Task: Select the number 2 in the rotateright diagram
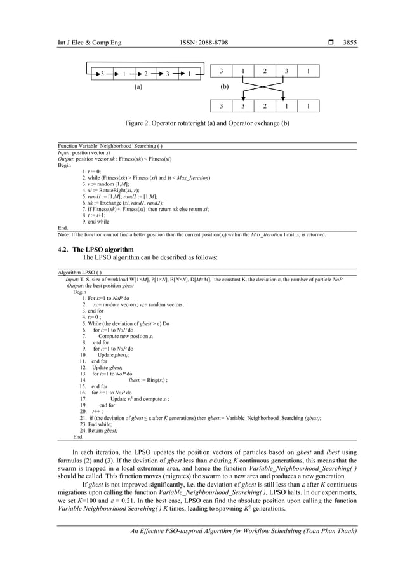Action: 145,74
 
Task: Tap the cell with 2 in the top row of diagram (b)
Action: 265,71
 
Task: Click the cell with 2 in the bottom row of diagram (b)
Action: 265,107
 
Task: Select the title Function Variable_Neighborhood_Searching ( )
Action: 105,146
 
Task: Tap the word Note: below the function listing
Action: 64,234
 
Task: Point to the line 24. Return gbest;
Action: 98,430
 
